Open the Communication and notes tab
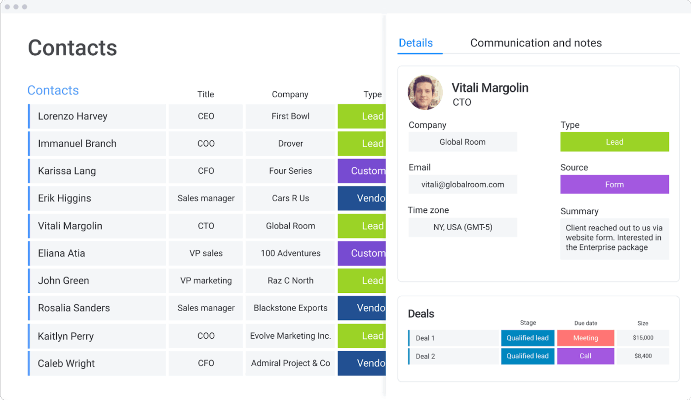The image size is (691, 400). tap(536, 43)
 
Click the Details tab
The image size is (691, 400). tap(416, 43)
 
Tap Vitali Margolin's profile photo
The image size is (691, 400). tap(425, 92)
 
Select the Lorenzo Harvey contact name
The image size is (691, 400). tap(73, 117)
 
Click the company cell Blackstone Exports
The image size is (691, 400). tap(290, 308)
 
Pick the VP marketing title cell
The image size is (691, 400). tap(206, 280)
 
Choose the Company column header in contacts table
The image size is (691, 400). tap(290, 94)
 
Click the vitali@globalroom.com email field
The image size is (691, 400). tap(462, 185)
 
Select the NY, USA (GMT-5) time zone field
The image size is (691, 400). tap(462, 228)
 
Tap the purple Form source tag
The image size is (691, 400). tap(614, 185)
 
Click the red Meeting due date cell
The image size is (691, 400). tap(585, 338)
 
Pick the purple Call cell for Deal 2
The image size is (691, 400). tap(585, 356)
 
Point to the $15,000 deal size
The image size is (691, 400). tap(643, 338)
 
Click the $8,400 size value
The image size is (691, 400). tap(643, 356)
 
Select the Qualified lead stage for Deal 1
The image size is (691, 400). tap(528, 338)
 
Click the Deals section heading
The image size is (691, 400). tap(421, 314)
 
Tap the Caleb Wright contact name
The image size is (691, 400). tap(66, 363)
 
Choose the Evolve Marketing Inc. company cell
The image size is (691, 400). tap(290, 336)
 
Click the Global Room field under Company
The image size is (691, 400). tap(462, 142)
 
